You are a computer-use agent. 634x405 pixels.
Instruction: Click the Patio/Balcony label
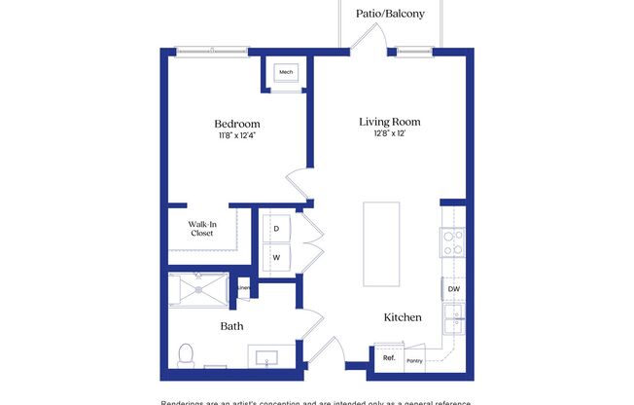390,15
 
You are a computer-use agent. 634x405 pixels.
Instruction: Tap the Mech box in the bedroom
286,73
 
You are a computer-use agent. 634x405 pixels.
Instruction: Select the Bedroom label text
237,124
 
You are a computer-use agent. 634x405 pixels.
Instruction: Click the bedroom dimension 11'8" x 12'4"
237,136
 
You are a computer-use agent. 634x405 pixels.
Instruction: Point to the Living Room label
390,122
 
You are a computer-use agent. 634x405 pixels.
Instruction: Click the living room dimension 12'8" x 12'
390,134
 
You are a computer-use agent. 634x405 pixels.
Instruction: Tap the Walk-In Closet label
201,229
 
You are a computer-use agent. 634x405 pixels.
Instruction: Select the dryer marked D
276,229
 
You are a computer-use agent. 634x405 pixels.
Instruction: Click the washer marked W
276,258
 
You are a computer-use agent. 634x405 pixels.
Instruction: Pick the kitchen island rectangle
381,243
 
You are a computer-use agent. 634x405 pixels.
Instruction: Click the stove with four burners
452,242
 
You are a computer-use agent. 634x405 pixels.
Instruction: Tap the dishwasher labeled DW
453,289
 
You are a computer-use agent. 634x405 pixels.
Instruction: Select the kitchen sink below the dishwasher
453,318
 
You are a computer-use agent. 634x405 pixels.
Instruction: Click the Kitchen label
403,317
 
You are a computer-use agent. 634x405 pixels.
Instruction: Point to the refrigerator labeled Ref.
388,358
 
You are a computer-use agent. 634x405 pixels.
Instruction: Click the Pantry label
414,360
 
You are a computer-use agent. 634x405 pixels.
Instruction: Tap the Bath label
231,326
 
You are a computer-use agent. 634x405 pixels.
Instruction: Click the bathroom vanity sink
267,357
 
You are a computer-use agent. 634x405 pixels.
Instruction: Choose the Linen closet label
244,288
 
